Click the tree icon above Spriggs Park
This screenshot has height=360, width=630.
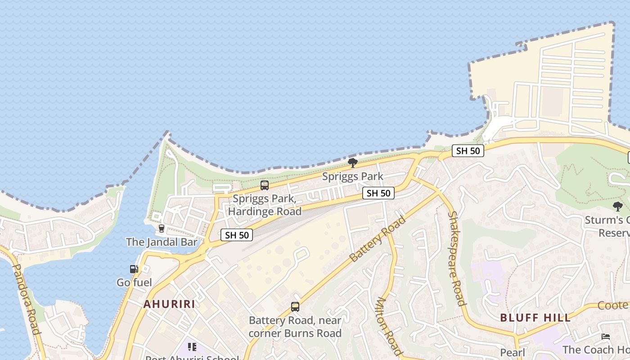tap(353, 162)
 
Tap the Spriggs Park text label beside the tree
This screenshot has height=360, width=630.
tap(353, 176)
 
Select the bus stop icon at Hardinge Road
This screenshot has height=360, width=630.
tap(265, 185)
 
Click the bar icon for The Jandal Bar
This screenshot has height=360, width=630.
tap(162, 229)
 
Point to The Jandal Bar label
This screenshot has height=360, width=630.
tap(162, 242)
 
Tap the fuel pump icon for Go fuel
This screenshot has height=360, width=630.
tap(134, 269)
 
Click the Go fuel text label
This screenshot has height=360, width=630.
tap(134, 283)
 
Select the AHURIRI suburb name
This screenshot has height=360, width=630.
tap(169, 304)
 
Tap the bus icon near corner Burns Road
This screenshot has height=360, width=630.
tap(295, 307)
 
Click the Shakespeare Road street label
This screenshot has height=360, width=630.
tap(456, 259)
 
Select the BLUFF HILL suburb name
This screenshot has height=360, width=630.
tap(535, 318)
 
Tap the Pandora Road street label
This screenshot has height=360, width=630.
tap(27, 299)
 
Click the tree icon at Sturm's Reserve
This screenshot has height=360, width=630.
tap(618, 207)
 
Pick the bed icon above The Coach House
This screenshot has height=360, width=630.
tap(606, 337)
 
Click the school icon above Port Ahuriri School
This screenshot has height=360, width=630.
tap(192, 347)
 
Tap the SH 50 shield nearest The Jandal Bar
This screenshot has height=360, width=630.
tap(237, 234)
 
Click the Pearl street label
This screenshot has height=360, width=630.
tap(513, 353)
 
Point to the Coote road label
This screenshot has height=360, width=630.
tap(613, 306)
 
